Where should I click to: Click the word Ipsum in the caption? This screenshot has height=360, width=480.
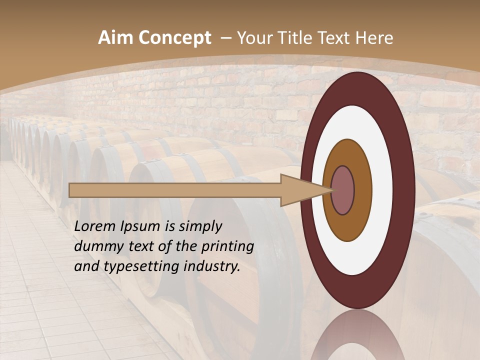coord(141,226)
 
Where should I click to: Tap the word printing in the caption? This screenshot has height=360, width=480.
coord(227,246)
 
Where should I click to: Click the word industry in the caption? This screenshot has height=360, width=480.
coord(212,266)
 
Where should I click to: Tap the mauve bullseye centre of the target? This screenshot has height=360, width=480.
coord(343,190)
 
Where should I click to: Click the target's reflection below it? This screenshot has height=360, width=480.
coord(357,337)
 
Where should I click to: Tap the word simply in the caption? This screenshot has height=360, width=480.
coord(199,226)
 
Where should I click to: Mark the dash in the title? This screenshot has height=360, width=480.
coord(225,38)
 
